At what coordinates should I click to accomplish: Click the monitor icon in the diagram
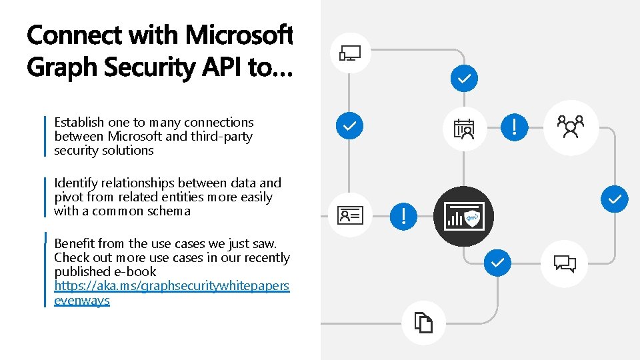[350, 53]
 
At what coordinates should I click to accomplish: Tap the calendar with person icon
[464, 129]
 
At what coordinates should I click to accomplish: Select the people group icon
[571, 127]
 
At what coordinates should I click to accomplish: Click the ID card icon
[350, 215]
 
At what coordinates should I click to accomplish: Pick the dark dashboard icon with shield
[464, 216]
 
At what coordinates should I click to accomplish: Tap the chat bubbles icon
[565, 263]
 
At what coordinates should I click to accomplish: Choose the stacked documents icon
[424, 323]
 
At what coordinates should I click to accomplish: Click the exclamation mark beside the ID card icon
[403, 215]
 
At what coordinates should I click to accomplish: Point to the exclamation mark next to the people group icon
[515, 126]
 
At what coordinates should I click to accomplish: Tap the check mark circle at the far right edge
[614, 199]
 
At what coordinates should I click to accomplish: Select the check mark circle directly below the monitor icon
[349, 125]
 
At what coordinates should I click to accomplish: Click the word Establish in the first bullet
[79, 123]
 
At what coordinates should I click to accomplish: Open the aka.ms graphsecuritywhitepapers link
[171, 286]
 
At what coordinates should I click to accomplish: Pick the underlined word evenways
[81, 301]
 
